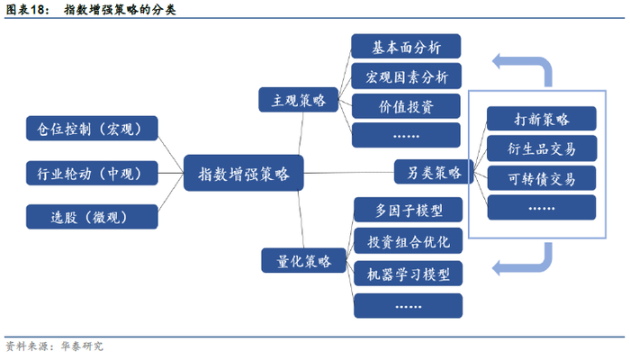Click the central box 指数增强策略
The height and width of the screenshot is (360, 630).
click(x=244, y=173)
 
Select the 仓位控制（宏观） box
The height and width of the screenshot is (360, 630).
click(x=92, y=129)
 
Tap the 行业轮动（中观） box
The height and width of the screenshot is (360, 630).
click(x=92, y=173)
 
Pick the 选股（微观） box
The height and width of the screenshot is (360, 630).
click(x=92, y=217)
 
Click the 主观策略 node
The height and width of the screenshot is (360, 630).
click(x=299, y=100)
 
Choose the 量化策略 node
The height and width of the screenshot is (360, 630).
click(x=303, y=261)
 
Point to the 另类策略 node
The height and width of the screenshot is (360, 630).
click(x=434, y=172)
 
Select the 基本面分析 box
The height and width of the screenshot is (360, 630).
click(x=406, y=47)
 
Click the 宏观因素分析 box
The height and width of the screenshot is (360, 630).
click(x=406, y=76)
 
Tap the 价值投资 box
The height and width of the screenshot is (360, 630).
click(x=406, y=106)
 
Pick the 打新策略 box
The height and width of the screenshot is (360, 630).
click(x=541, y=119)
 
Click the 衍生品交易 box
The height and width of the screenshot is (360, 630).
click(x=542, y=148)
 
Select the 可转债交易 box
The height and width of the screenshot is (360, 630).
click(x=542, y=178)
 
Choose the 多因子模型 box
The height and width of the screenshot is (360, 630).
click(x=409, y=210)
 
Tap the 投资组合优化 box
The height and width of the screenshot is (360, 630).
click(x=409, y=241)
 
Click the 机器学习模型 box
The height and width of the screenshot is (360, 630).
click(x=409, y=274)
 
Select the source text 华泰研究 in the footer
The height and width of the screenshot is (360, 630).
click(x=82, y=346)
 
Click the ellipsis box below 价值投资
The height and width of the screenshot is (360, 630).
click(x=406, y=135)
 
